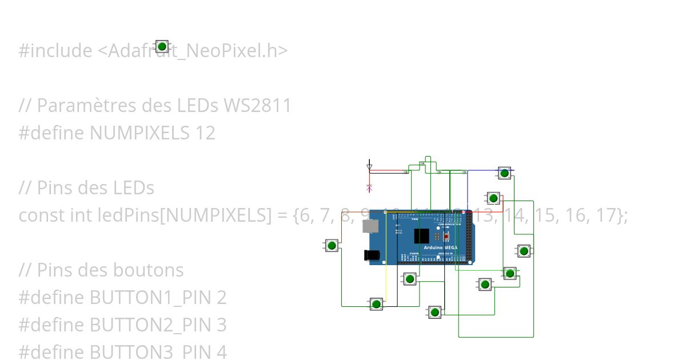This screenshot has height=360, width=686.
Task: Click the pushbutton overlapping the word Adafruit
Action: (162, 46)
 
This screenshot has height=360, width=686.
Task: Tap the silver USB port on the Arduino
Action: (370, 226)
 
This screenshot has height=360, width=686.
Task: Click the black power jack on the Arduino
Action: (372, 255)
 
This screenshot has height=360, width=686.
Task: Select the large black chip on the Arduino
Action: (421, 236)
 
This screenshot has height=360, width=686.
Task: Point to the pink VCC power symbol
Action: (369, 186)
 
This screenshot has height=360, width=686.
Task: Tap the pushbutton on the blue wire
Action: (504, 173)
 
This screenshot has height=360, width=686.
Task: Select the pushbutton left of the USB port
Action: (332, 246)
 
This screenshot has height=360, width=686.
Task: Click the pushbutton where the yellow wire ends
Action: (376, 303)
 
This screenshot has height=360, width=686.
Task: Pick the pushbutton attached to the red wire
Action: (493, 198)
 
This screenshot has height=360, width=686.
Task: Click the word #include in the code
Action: (55, 51)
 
